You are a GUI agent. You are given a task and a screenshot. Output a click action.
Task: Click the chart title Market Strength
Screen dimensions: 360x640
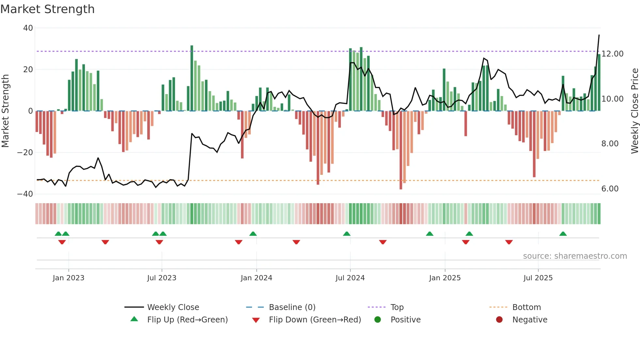point(47,9)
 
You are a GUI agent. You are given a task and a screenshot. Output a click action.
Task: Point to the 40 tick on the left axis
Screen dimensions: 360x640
point(28,28)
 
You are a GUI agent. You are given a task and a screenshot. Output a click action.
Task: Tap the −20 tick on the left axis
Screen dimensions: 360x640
point(25,153)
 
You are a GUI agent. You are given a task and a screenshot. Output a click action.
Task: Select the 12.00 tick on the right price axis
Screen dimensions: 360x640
point(612,54)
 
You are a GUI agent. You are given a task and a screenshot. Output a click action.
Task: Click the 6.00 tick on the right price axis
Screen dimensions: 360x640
point(610,189)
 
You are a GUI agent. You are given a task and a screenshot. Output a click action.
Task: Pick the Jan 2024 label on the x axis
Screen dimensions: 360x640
point(256,278)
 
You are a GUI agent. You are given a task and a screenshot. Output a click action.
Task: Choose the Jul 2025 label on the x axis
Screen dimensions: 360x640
point(538,278)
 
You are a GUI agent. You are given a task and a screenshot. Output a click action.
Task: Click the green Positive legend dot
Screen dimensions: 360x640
point(377,319)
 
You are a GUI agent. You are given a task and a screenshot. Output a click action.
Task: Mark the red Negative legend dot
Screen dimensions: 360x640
point(499,319)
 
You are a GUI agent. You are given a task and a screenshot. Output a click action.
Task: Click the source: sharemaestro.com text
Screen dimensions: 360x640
point(575,256)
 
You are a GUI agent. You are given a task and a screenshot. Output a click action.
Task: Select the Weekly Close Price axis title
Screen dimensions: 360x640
point(634,111)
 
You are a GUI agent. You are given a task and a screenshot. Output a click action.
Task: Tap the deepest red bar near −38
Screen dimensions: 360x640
point(401,150)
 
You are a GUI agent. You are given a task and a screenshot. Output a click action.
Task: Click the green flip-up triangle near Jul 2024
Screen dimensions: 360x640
point(347,234)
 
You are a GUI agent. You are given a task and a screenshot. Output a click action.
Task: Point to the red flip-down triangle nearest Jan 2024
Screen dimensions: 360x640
point(239,242)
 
